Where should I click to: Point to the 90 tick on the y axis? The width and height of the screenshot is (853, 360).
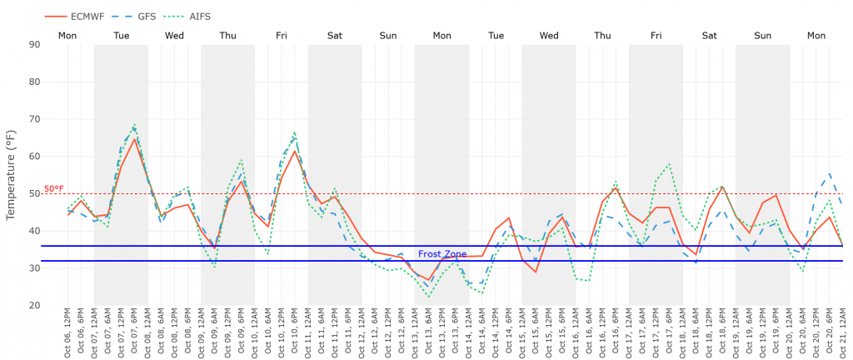coord(35,44)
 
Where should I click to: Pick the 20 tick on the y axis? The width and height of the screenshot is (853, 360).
coord(35,306)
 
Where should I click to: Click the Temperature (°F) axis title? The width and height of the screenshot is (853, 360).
coord(11,174)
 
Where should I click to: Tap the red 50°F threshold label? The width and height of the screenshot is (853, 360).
coord(54,188)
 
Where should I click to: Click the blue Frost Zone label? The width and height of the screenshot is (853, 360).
coord(442,253)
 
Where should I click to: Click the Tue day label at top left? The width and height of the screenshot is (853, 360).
coord(121,36)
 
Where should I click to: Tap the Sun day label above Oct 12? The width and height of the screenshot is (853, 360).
coord(388,36)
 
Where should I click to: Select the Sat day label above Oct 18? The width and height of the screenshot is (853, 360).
coord(709,36)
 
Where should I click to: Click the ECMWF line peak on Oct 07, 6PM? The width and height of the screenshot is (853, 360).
coord(135,139)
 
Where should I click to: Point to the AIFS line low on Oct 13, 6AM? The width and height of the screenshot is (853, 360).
coord(429,297)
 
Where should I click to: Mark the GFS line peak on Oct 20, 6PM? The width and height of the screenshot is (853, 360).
coord(830,173)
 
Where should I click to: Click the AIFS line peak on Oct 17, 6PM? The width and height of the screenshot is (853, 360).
coord(669,163)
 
